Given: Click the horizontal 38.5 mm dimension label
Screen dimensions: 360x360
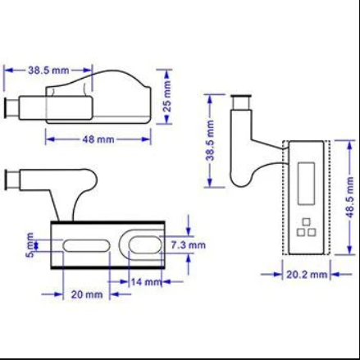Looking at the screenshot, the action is [48, 71].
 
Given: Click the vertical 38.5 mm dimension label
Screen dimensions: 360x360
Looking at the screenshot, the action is [211, 140].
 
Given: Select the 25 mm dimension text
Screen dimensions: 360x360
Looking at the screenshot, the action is [166, 96].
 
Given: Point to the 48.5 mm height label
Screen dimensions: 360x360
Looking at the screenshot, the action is [350, 197].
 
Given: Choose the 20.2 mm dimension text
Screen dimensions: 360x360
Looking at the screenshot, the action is [307, 274].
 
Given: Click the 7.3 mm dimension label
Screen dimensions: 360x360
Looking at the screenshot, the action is [189, 245].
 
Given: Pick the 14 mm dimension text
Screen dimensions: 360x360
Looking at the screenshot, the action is [146, 281].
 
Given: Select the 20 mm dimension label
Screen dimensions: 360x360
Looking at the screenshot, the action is [87, 294].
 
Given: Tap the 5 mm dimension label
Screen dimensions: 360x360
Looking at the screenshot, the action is [30, 245].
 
